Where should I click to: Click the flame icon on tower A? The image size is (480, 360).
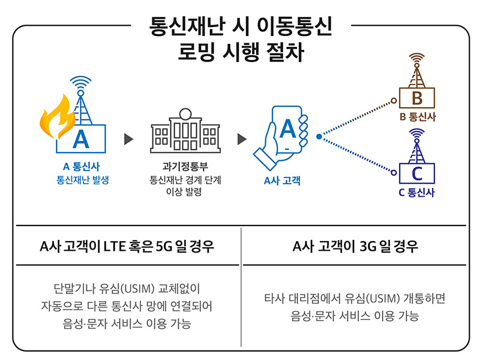pos(56,118)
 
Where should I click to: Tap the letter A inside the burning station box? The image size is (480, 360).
pos(81,139)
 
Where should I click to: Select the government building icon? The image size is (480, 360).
pos(185,131)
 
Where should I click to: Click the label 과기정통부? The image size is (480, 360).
pos(185,166)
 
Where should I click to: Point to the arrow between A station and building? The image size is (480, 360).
pos(128,139)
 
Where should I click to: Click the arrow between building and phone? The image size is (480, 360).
pos(242,139)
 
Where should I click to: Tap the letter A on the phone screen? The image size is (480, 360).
pos(287,128)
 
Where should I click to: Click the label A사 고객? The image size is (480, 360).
pos(282,181)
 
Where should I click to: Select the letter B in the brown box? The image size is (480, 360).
pos(417,98)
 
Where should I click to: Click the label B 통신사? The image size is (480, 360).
pos(418,116)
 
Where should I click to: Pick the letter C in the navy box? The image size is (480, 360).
pos(417,173)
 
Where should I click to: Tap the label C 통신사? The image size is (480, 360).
pos(416,192)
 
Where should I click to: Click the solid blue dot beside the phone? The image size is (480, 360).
pos(319,137)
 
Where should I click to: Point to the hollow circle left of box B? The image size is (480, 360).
pos(394,100)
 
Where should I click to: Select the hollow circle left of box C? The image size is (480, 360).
pos(394,173)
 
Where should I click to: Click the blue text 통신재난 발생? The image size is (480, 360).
pos(83,179)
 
